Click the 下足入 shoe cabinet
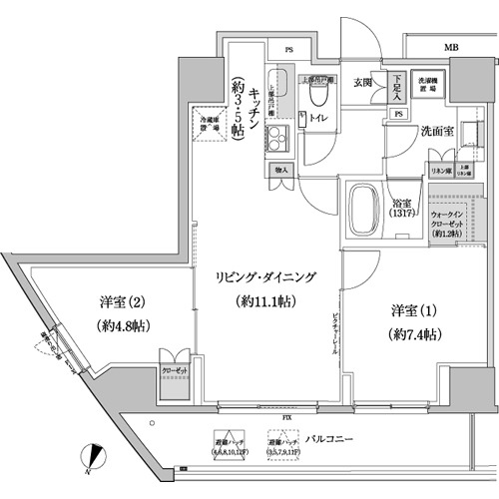tap(397, 87)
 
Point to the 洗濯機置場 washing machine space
tap(428, 86)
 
